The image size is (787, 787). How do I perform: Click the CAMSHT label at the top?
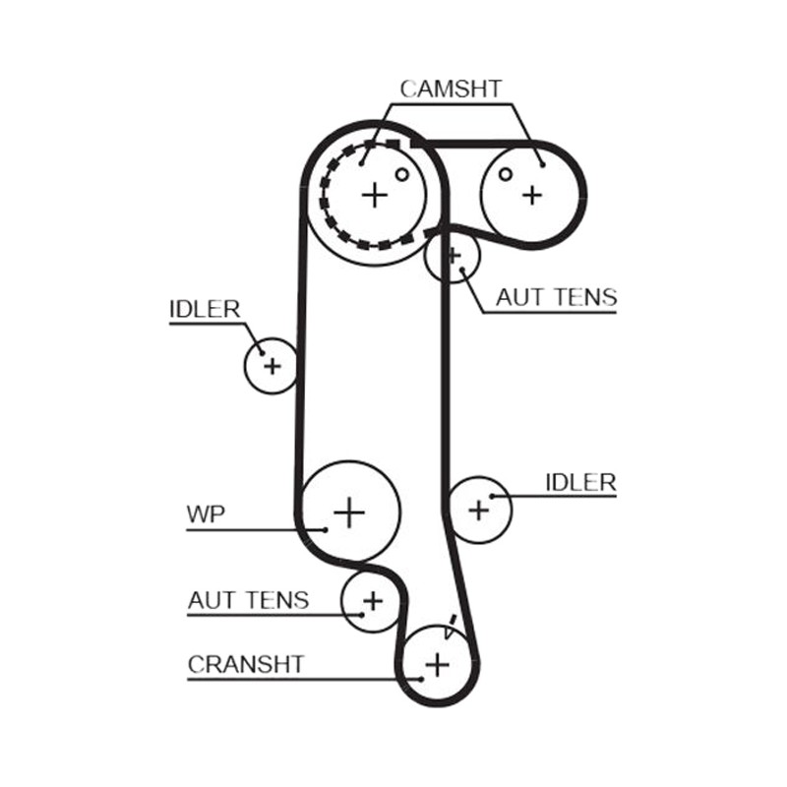tap(451, 90)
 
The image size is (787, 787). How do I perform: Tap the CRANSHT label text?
tap(246, 665)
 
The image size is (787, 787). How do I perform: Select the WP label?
tap(206, 514)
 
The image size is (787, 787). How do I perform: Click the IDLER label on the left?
tap(205, 309)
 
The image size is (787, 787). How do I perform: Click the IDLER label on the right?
tap(580, 482)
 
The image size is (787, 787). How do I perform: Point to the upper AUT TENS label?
tap(557, 297)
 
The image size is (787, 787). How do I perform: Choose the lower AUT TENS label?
tap(249, 600)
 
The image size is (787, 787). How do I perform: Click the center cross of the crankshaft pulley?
tap(437, 666)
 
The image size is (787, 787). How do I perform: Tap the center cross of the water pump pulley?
tap(349, 513)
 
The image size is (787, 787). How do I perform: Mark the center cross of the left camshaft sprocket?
tap(375, 195)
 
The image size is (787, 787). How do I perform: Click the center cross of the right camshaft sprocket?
tap(532, 195)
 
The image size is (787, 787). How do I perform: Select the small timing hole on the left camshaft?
tap(402, 174)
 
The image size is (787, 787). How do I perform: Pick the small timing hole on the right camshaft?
tap(506, 174)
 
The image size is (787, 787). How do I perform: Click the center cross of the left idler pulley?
tap(272, 366)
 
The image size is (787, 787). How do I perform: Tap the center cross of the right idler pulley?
tap(478, 510)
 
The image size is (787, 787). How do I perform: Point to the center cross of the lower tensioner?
tap(373, 600)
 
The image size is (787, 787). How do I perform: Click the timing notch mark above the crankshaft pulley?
tap(451, 627)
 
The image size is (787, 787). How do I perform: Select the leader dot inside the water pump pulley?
tap(326, 529)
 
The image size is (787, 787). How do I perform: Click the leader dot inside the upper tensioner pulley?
tap(462, 270)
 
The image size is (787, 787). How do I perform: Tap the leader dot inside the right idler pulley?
tap(493, 497)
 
